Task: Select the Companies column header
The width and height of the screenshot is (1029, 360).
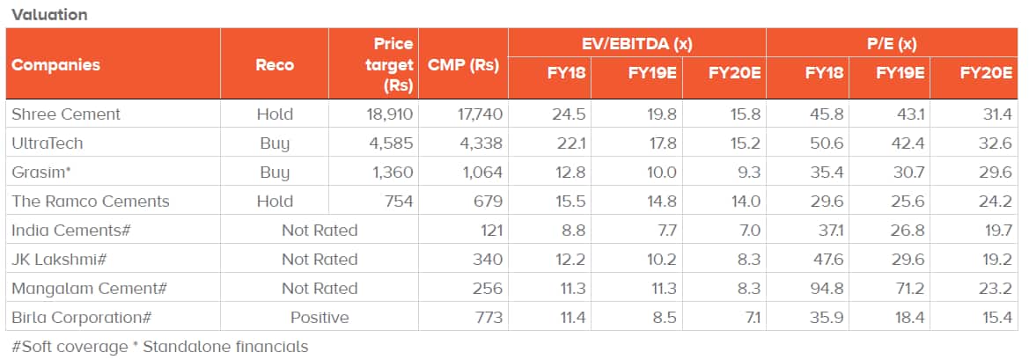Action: pyautogui.click(x=55, y=64)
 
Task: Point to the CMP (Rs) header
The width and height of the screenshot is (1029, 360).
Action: pyautogui.click(x=463, y=64)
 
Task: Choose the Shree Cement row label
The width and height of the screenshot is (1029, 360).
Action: pyautogui.click(x=66, y=114)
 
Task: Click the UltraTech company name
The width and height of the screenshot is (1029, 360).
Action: pyautogui.click(x=47, y=143)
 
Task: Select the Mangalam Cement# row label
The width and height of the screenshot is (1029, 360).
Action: pyautogui.click(x=89, y=289)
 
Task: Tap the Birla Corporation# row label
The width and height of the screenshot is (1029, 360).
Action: pyautogui.click(x=85, y=318)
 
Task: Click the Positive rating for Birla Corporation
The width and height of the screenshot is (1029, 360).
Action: pyautogui.click(x=320, y=318)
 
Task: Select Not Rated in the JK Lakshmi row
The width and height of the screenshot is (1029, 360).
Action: pyautogui.click(x=320, y=260)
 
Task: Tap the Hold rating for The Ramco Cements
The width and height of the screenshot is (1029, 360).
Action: pyautogui.click(x=275, y=202)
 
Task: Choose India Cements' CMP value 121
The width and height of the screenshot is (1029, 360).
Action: pyautogui.click(x=489, y=231)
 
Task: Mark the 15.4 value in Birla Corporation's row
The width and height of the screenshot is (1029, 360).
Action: pyautogui.click(x=996, y=318)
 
